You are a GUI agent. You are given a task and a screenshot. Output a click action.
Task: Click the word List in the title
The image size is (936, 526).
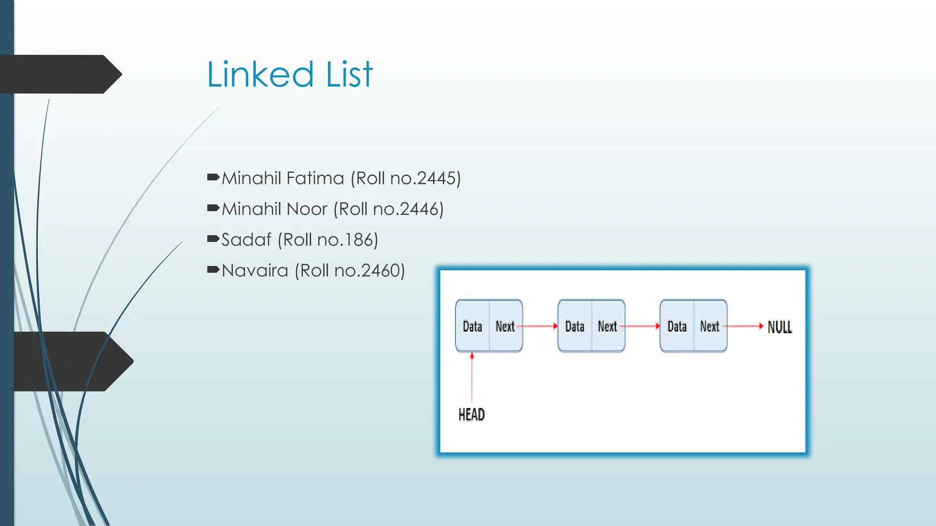pos(349,74)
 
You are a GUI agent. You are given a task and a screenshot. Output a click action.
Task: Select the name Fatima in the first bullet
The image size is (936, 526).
pos(315,178)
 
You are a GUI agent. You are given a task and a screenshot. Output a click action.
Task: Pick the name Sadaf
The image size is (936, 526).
pos(246,240)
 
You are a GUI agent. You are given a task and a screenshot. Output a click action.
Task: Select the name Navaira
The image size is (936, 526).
pos(255,271)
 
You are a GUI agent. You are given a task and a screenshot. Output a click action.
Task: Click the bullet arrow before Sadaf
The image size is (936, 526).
pos(213,238)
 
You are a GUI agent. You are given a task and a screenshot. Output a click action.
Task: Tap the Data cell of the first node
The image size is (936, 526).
pos(473,326)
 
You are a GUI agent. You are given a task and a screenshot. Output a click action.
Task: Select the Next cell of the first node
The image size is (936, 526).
pos(505,326)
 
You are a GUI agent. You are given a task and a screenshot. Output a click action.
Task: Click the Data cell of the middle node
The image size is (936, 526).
pos(575,326)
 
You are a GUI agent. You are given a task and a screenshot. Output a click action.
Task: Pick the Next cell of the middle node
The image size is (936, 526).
pos(608,326)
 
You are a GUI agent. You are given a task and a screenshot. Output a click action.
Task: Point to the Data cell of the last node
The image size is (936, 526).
pos(677,326)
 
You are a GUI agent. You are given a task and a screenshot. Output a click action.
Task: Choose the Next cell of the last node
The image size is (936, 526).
pos(710,326)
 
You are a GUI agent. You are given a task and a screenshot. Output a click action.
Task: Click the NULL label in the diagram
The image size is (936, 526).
pos(780,327)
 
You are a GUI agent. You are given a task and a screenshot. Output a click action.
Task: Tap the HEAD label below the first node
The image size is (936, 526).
pos(472,415)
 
